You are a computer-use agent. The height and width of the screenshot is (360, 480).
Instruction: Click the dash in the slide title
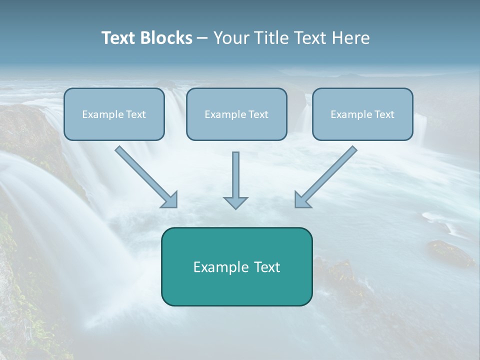202,38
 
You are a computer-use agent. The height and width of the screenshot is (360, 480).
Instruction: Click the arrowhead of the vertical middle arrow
235,202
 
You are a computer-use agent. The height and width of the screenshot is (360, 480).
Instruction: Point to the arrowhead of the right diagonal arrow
302,200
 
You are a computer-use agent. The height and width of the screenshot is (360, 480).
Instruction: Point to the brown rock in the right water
450,252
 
